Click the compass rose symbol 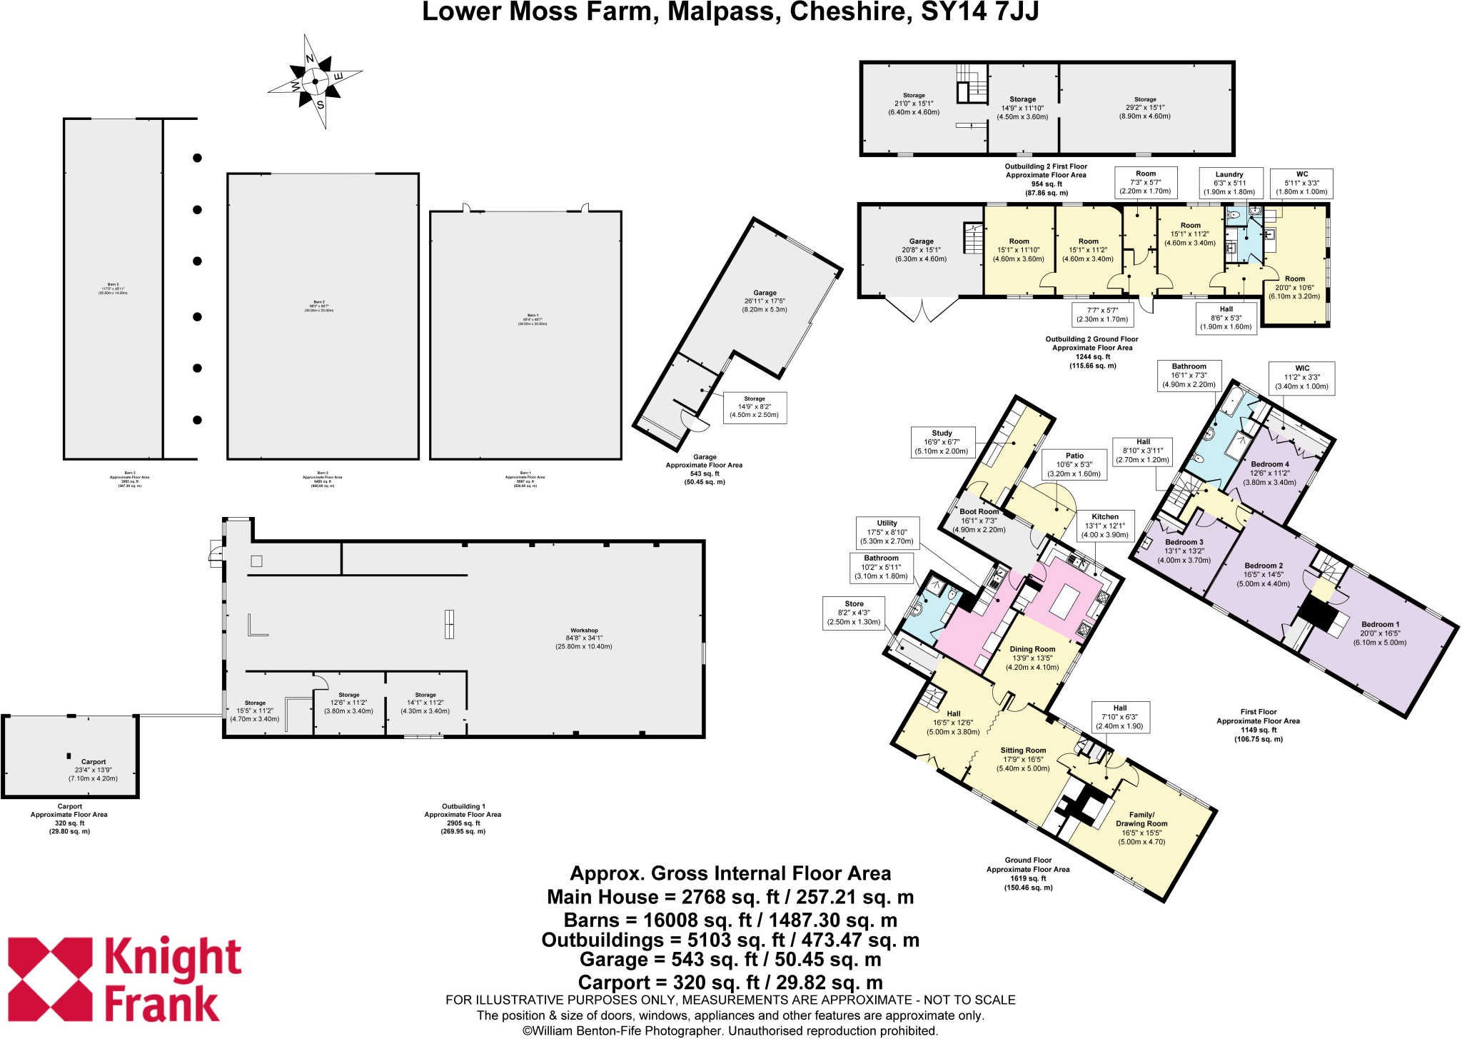coord(315,81)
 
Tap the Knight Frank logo coord(125,980)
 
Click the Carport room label coord(93,770)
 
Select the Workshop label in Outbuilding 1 coord(584,638)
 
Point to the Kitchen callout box coord(1105,526)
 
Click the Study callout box coord(942,442)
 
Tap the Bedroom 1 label coord(1380,633)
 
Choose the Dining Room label coord(1032,658)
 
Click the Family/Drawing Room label coord(1141,828)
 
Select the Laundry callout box coord(1229,183)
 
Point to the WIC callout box coord(1302,377)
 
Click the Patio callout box coord(1074,464)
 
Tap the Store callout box coord(854,613)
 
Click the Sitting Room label coord(1023,759)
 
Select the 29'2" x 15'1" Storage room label coord(1145,108)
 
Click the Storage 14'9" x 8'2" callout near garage coord(755,407)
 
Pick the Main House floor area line coord(730,897)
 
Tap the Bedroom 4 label coord(1270,473)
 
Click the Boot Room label coord(979,521)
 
